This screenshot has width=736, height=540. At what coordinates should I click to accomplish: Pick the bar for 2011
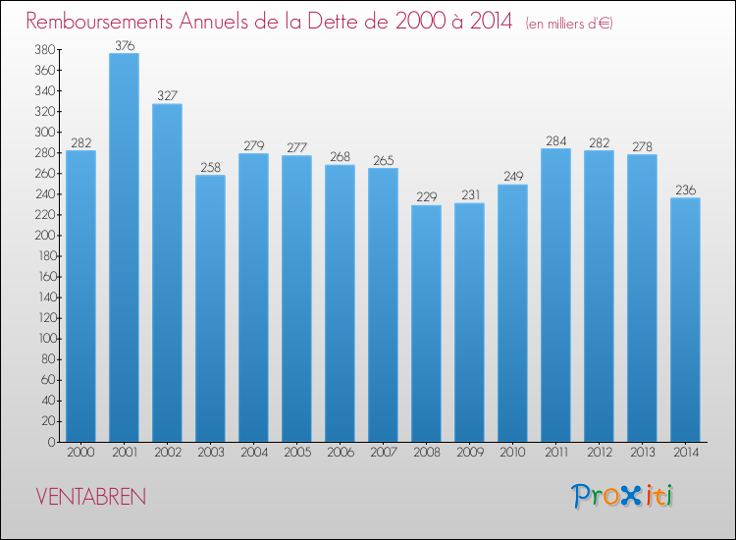click(x=555, y=296)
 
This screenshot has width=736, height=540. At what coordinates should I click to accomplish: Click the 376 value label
click(x=124, y=45)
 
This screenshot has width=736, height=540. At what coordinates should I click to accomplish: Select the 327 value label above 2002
click(x=167, y=96)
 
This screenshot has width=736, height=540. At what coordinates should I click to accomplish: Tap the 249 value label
click(x=512, y=177)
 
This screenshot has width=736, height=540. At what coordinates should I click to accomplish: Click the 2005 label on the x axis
click(x=296, y=453)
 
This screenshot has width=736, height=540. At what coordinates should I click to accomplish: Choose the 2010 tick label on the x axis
click(x=512, y=453)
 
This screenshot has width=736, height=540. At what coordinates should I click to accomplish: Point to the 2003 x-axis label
click(x=210, y=453)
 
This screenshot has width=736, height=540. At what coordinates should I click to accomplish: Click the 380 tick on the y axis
click(x=43, y=50)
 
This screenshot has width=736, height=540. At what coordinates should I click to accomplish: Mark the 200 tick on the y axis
click(x=43, y=236)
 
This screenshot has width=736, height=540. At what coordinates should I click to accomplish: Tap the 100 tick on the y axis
click(x=43, y=339)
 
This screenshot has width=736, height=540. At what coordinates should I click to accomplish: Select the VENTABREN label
click(x=90, y=497)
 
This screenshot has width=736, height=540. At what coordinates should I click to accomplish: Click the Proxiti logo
click(x=621, y=496)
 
